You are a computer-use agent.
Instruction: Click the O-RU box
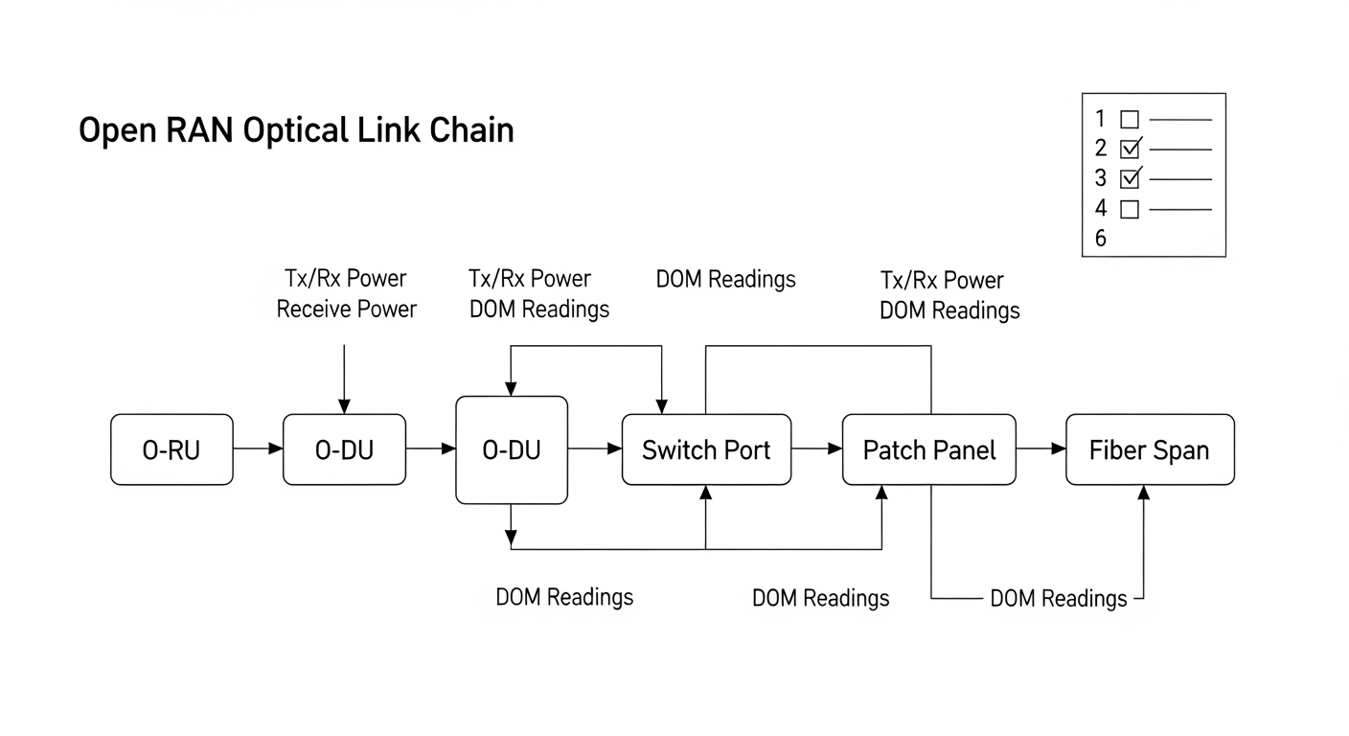click(x=171, y=449)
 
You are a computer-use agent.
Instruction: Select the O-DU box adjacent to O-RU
click(x=344, y=449)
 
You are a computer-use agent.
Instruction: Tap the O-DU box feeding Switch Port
click(x=511, y=449)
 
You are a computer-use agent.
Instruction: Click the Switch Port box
click(x=706, y=449)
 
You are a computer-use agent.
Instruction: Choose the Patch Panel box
click(x=928, y=449)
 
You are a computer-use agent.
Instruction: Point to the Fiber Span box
click(x=1150, y=449)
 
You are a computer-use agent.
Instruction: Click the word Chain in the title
click(x=471, y=130)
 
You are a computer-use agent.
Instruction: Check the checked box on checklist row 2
click(x=1131, y=149)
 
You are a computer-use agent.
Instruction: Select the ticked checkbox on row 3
click(x=1131, y=178)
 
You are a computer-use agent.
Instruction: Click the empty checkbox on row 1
click(x=1130, y=120)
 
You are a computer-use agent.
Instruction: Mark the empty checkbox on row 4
click(x=1130, y=208)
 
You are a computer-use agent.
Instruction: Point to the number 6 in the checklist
click(x=1100, y=239)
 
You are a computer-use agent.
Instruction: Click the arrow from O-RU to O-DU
click(x=258, y=448)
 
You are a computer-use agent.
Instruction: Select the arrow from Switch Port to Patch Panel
click(x=816, y=448)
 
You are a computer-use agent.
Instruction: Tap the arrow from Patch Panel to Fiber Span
click(x=1040, y=448)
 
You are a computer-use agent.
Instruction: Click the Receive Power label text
click(x=346, y=309)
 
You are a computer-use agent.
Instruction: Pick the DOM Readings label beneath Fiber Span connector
click(x=1058, y=599)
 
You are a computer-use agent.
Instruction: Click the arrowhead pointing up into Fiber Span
click(x=1142, y=492)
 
